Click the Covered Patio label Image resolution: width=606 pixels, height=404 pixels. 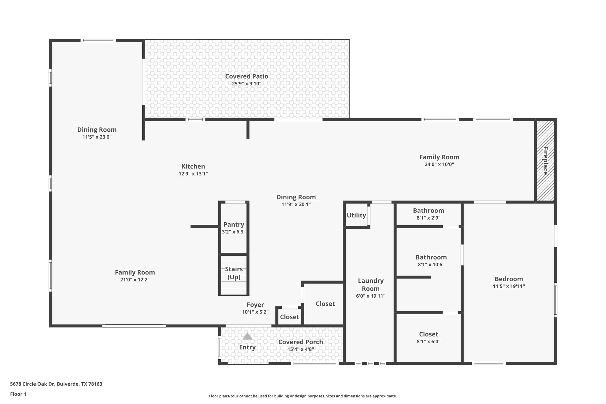click(246, 76)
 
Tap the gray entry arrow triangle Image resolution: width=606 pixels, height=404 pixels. click(247, 336)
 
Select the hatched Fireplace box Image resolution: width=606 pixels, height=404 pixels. click(545, 161)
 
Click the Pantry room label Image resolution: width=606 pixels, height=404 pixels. click(234, 225)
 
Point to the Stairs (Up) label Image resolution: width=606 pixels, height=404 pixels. click(234, 273)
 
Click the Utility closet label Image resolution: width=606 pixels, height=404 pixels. click(356, 215)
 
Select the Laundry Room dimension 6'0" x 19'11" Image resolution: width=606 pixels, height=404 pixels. click(371, 296)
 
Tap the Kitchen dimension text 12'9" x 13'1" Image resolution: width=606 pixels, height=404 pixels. click(193, 174)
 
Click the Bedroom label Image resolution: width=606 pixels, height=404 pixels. click(509, 279)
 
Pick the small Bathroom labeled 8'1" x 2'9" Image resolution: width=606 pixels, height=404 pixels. click(428, 211)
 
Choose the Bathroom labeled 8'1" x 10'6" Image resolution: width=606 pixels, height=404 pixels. click(431, 257)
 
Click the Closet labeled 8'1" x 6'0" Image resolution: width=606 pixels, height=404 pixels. click(428, 334)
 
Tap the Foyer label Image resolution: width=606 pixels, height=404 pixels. click(255, 305)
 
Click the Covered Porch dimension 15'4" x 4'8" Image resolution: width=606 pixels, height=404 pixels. click(301, 349)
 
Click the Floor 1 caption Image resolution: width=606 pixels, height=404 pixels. click(18, 394)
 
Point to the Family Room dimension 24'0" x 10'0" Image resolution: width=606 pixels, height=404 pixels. click(439, 165)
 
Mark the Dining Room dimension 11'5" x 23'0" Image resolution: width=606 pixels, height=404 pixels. click(97, 137)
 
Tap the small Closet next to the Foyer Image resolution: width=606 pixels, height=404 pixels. click(289, 317)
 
